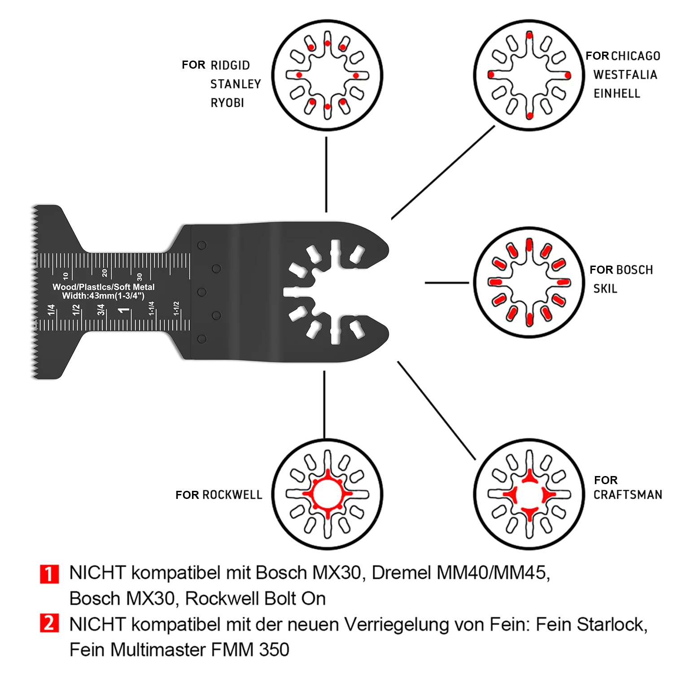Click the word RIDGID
230,66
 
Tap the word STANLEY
236,84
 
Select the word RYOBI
227,103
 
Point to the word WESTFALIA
625,75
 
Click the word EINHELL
617,94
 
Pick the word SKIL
605,289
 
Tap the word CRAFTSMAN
628,495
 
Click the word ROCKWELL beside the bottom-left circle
232,495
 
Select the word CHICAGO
635,56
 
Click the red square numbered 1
49,574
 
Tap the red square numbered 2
49,623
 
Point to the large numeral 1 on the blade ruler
124,310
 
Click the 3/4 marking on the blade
101,310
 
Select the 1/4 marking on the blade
51,310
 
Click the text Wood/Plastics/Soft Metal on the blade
103,287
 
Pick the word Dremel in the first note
402,573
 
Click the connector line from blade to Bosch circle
446,283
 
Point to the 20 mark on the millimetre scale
105,273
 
